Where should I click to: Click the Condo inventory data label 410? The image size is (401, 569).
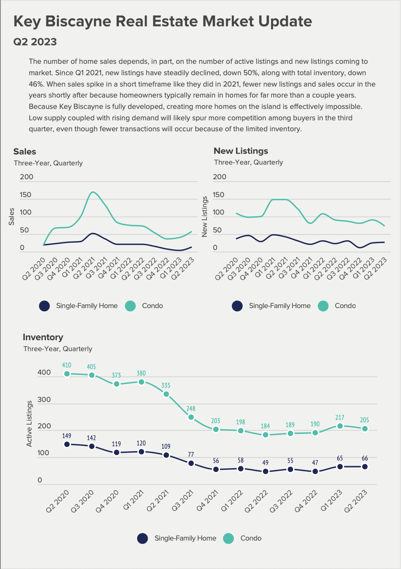[x=67, y=365]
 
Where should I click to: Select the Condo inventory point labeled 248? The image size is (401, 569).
[x=191, y=417]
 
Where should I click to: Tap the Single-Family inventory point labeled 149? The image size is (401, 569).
[x=67, y=444]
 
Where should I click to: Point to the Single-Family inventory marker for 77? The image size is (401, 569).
[x=191, y=463]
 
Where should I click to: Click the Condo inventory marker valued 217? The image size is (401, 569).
[x=340, y=426]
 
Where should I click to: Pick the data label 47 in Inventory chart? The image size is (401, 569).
[x=315, y=463]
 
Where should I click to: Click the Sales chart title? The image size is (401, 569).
[x=25, y=152]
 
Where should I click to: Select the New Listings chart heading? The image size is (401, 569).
[x=241, y=151]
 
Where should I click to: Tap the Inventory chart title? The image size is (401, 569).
[x=43, y=337]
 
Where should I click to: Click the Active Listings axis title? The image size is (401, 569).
[x=29, y=423]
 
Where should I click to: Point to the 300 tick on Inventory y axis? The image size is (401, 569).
[x=44, y=400]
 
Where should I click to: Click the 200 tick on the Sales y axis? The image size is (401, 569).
[x=27, y=177]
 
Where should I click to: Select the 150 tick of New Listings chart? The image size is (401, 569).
[x=218, y=195]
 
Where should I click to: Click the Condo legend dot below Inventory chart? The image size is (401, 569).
[x=229, y=539]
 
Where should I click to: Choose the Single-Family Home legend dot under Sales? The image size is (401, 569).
[x=44, y=306]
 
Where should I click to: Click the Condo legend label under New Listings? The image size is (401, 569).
[x=345, y=306]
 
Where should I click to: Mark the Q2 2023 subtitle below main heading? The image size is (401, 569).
[x=35, y=42]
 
